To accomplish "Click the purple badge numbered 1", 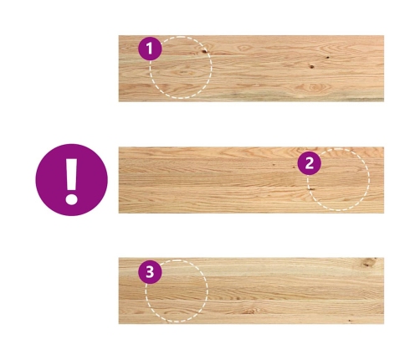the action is tap(150, 49).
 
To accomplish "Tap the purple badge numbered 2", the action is tap(310, 163).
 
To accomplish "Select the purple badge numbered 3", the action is tap(150, 272).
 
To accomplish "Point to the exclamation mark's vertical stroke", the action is tap(72, 174).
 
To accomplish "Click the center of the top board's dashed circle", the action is tap(181, 67).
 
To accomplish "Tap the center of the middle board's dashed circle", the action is tap(339, 179).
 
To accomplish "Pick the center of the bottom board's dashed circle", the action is tap(177, 291).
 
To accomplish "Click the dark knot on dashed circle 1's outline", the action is tap(204, 51).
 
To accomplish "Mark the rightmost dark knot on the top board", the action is tap(328, 58).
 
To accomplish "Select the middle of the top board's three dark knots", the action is tap(311, 67).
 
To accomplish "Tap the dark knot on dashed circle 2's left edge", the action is tap(310, 189).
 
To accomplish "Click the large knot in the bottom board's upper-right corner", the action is tap(370, 262).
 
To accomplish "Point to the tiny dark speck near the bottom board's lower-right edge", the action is tap(350, 321).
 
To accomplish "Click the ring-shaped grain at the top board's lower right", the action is tap(314, 87).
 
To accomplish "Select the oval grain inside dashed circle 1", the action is tap(183, 73).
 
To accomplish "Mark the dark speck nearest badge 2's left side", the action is tap(294, 167).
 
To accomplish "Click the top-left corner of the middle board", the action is tap(119, 147).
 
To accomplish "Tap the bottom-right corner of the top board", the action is tap(384, 101).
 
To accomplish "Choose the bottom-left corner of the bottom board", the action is tap(119, 324).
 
